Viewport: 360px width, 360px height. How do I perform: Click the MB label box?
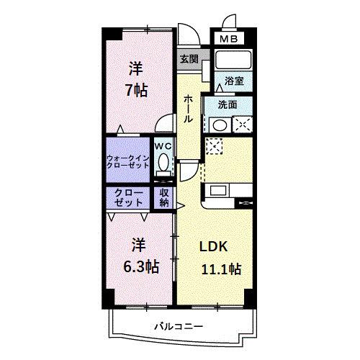pyautogui.click(x=228, y=38)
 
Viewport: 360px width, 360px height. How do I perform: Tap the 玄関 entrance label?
pyautogui.click(x=189, y=59)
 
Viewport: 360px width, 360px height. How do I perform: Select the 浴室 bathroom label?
pyautogui.click(x=233, y=81)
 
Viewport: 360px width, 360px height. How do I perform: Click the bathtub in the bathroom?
pyautogui.click(x=232, y=60)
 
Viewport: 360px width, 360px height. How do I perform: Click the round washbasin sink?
pyautogui.click(x=218, y=124)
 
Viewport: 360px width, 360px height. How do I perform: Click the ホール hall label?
pyautogui.click(x=187, y=108)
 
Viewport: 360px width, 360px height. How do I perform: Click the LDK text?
pyautogui.click(x=215, y=247)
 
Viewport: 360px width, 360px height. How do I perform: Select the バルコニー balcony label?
pyautogui.click(x=178, y=326)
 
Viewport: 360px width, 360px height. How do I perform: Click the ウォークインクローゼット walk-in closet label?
pyautogui.click(x=127, y=160)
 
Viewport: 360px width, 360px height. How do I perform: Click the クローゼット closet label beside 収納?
pyautogui.click(x=127, y=197)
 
